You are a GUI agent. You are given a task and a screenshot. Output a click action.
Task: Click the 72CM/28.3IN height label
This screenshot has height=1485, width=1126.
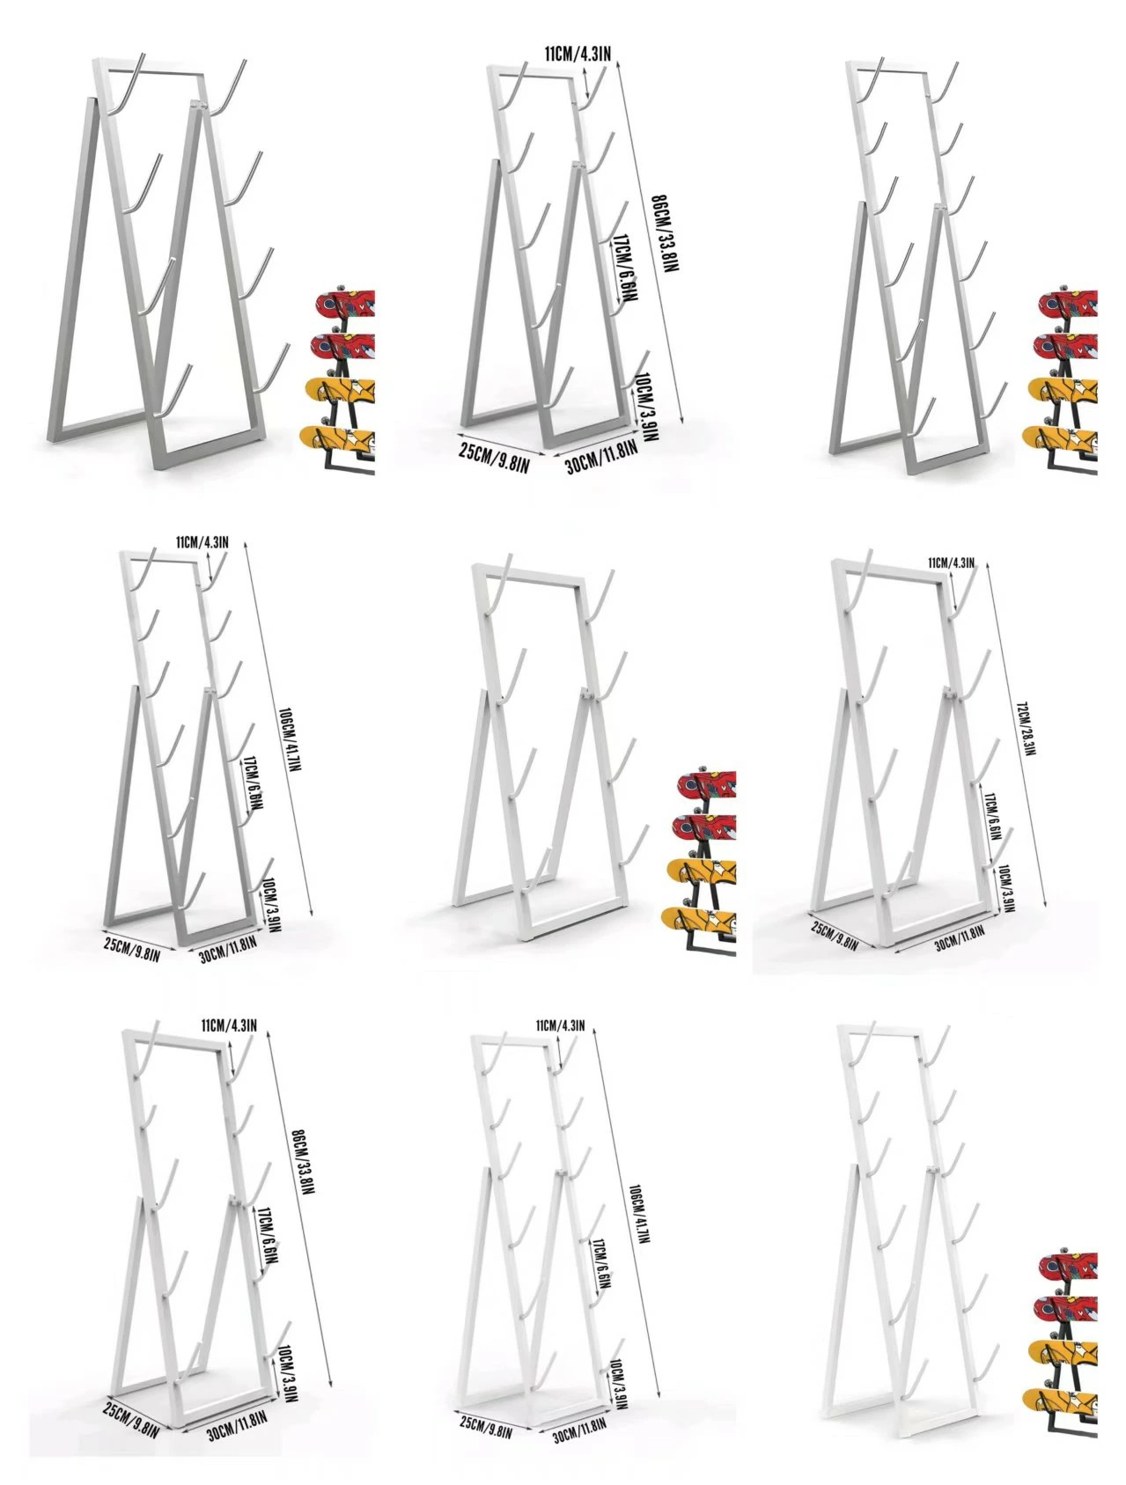point(1027,728)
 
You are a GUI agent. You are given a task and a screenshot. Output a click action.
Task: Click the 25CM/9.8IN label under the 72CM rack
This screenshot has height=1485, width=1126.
point(834,935)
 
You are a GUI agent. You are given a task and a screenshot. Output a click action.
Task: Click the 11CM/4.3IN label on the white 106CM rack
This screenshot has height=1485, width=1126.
point(560,1026)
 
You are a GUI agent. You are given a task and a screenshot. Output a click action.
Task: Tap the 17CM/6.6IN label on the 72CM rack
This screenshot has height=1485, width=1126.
point(992,815)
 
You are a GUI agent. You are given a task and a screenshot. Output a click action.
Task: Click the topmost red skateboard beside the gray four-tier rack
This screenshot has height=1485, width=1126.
point(344,303)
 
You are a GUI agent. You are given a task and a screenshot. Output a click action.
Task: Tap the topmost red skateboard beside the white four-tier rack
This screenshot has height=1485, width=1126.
point(705,784)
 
